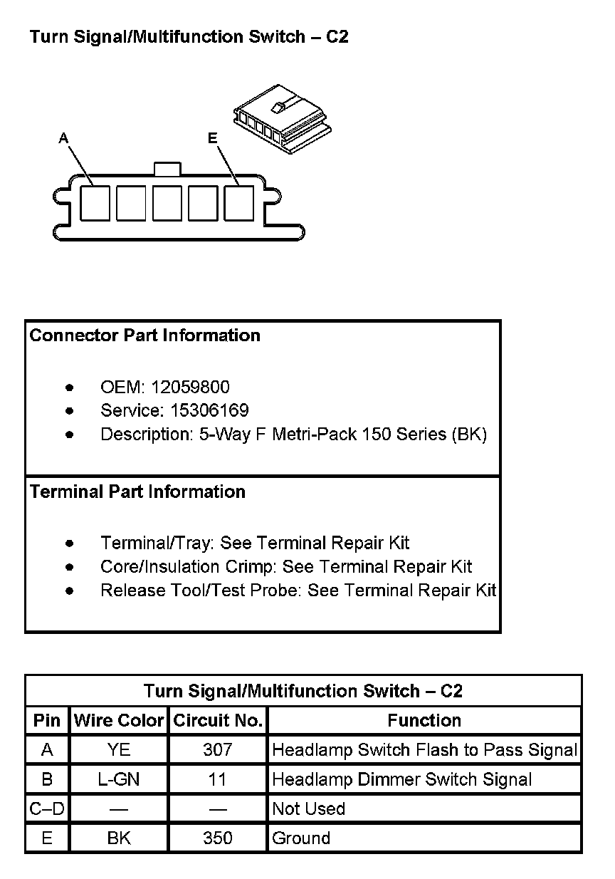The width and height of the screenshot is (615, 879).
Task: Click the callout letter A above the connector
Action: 64,139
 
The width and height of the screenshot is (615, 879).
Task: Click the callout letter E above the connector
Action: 212,139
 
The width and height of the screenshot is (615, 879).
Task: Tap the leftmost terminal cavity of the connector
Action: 95,202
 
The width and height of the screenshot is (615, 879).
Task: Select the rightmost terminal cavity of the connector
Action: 239,202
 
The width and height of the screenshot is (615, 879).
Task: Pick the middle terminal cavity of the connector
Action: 167,202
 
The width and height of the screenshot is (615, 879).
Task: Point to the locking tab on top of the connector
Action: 167,169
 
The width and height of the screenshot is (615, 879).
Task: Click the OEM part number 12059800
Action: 190,387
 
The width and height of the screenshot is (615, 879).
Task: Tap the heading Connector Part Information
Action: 145,336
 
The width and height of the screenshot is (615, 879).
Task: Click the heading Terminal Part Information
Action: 138,492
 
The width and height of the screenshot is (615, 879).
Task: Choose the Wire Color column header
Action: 119,720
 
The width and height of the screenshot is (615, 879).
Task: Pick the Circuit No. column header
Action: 218,720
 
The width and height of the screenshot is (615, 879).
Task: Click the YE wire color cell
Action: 119,749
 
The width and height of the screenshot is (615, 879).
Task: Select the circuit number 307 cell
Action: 218,749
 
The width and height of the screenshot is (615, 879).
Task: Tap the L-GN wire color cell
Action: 119,779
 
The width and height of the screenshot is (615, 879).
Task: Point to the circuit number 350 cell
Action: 218,838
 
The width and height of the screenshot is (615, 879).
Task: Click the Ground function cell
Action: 301,838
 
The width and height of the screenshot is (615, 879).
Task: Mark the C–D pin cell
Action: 47,808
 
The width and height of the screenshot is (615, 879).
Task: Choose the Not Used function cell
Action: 309,808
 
